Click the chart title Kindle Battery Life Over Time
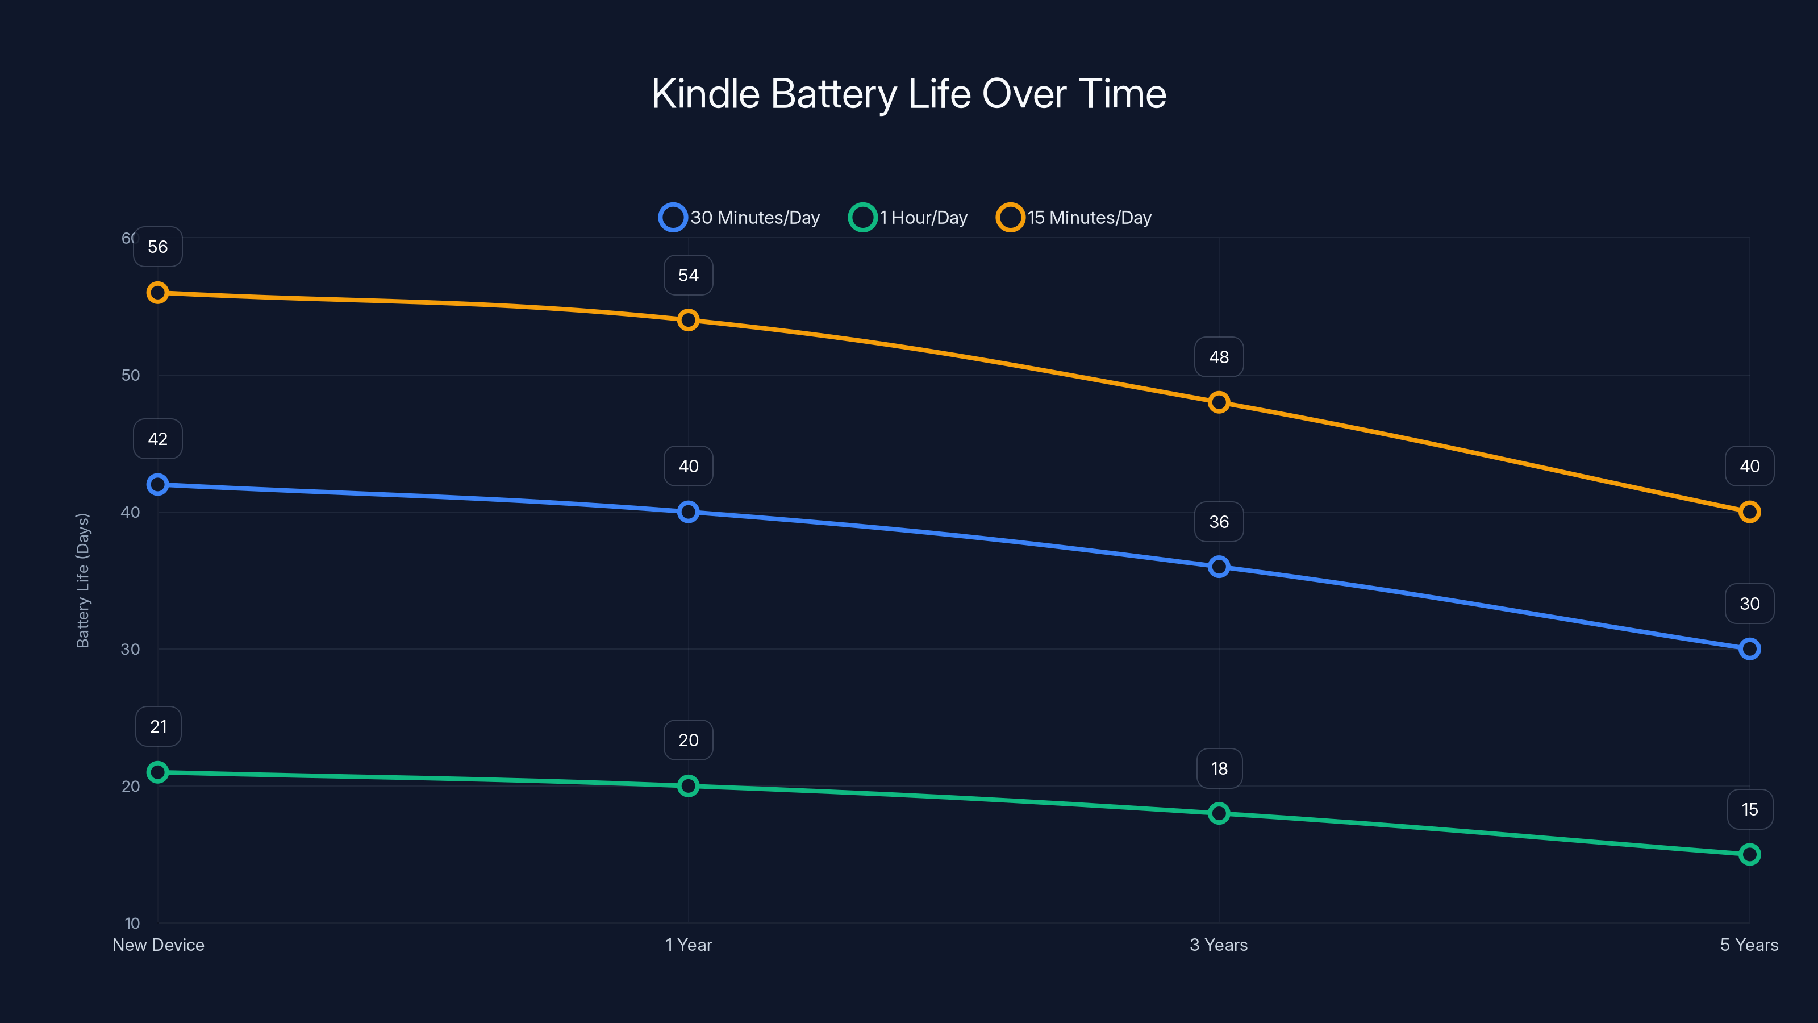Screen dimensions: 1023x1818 (x=908, y=94)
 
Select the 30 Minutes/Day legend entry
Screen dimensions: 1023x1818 (x=740, y=218)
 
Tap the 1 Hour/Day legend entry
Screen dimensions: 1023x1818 (x=908, y=218)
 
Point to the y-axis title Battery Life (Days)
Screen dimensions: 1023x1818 (x=82, y=580)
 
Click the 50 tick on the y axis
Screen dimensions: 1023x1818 (x=131, y=375)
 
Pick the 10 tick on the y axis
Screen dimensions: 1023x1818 (x=132, y=923)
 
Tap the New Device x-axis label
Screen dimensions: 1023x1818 (x=158, y=945)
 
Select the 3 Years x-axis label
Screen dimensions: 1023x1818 (x=1219, y=945)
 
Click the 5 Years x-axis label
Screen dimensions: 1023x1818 (x=1749, y=945)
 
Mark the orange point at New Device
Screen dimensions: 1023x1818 (x=157, y=292)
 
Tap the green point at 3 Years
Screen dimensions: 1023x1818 (x=1219, y=813)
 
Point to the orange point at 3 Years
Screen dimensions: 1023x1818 (x=1219, y=402)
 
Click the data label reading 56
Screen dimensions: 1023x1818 (x=157, y=247)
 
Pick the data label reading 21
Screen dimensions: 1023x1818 (x=158, y=726)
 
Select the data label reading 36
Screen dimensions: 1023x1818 (x=1219, y=522)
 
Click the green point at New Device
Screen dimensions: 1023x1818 (x=157, y=772)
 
